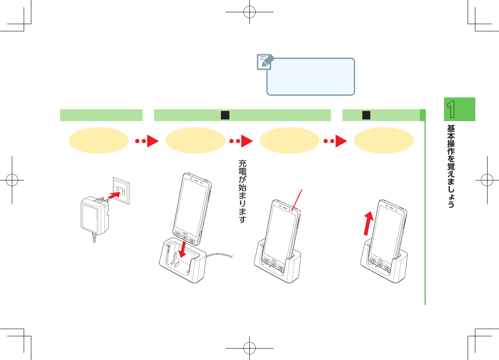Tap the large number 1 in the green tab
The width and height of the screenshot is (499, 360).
pyautogui.click(x=452, y=109)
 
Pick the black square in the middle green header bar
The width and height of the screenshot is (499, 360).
pyautogui.click(x=225, y=115)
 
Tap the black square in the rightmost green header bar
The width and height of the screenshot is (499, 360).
pyautogui.click(x=367, y=115)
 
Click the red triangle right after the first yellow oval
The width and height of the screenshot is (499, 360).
pyautogui.click(x=152, y=141)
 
